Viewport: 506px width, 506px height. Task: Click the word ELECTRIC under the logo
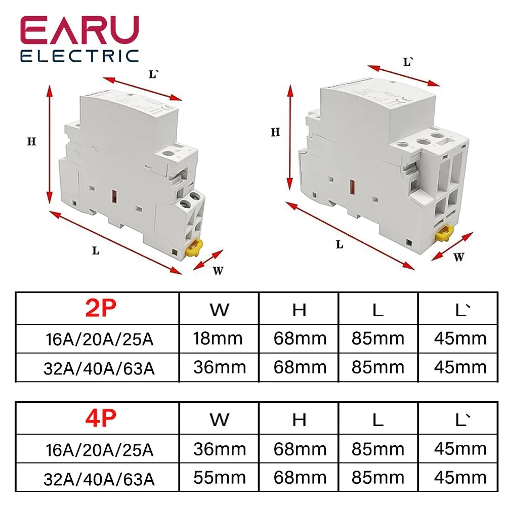pyautogui.click(x=79, y=56)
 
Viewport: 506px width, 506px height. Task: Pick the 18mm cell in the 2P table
pyautogui.click(x=219, y=338)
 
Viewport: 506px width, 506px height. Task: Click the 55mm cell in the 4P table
pyautogui.click(x=219, y=478)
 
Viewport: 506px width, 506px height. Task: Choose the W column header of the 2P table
pyautogui.click(x=219, y=310)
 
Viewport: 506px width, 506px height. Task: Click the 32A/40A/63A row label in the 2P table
pyautogui.click(x=98, y=367)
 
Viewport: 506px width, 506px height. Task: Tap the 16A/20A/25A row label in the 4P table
pyautogui.click(x=98, y=449)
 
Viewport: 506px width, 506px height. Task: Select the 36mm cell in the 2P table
pyautogui.click(x=219, y=367)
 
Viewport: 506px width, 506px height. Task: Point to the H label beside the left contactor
pyautogui.click(x=31, y=142)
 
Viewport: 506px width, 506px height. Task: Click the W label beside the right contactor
pyautogui.click(x=458, y=257)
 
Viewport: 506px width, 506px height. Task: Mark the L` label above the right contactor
pyautogui.click(x=408, y=63)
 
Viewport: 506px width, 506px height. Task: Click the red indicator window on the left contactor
pyautogui.click(x=114, y=196)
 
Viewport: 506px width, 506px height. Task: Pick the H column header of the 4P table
pyautogui.click(x=299, y=419)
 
